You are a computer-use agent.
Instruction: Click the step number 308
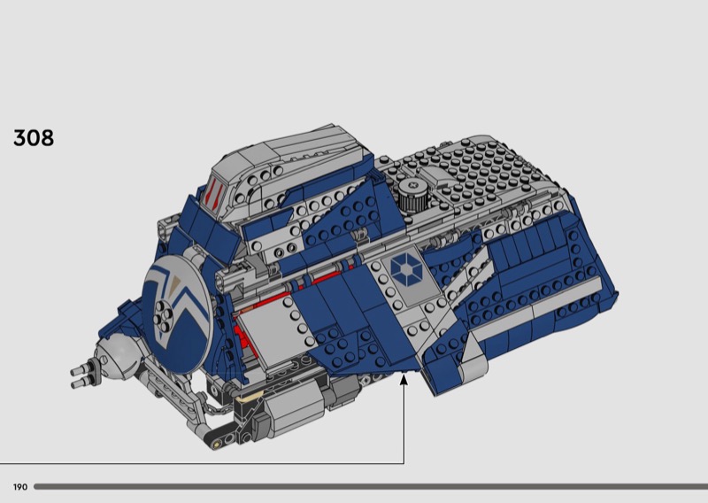[x=34, y=138]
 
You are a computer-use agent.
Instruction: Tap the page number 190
[x=20, y=487]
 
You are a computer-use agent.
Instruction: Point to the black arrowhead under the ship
[x=404, y=379]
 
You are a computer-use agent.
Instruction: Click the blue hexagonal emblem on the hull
[x=406, y=269]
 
